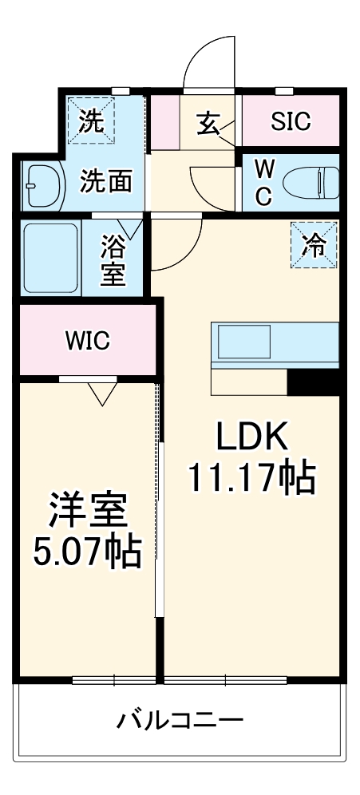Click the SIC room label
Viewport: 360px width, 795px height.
tap(291, 122)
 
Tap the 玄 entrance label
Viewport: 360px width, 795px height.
tap(209, 123)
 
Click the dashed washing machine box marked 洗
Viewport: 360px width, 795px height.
tap(91, 121)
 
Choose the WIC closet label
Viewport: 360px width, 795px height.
tap(87, 341)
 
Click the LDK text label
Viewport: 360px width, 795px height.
tap(250, 437)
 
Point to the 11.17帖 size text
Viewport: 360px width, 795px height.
tap(251, 478)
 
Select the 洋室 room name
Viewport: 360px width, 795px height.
tap(88, 511)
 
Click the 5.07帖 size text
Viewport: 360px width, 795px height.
tap(88, 550)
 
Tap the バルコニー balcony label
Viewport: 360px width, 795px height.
tap(180, 722)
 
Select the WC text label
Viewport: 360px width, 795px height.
tap(263, 182)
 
